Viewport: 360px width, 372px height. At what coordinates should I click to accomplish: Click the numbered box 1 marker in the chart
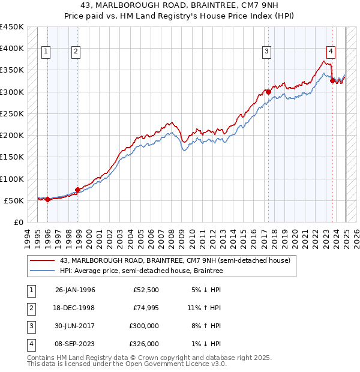pyautogui.click(x=46, y=52)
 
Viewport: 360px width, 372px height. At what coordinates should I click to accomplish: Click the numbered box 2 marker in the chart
pyautogui.click(x=76, y=52)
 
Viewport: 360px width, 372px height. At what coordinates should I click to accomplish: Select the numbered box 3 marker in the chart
pyautogui.click(x=266, y=52)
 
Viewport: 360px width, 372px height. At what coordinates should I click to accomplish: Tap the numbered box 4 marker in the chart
pyautogui.click(x=330, y=52)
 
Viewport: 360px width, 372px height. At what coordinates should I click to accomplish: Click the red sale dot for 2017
pyautogui.click(x=268, y=92)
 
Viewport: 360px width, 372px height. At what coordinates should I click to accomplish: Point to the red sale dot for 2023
pyautogui.click(x=332, y=81)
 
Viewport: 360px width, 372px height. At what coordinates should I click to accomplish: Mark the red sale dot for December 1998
pyautogui.click(x=77, y=190)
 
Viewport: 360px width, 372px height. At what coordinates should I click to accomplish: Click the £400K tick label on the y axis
pyautogui.click(x=11, y=49)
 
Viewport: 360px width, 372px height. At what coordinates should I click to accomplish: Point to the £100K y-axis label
pyautogui.click(x=11, y=179)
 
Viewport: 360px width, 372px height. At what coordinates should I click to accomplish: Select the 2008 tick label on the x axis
pyautogui.click(x=172, y=238)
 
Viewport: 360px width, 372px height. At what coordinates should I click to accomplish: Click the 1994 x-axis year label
pyautogui.click(x=27, y=238)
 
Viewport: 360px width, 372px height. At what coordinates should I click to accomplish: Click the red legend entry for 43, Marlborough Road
pyautogui.click(x=175, y=260)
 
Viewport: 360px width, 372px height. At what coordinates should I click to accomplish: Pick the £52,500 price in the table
pyautogui.click(x=146, y=290)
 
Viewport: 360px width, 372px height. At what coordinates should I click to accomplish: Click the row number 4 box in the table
pyautogui.click(x=29, y=344)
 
